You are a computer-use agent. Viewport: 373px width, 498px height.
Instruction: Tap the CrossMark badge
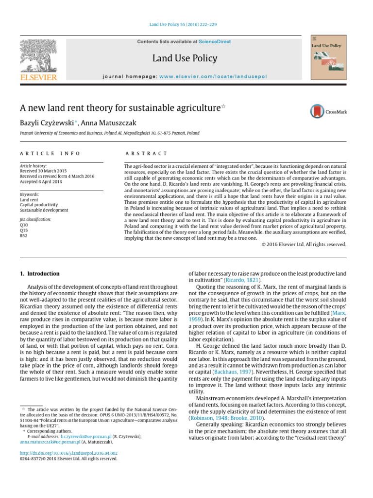point(328,111)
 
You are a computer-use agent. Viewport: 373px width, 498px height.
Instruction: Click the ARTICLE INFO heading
point(50,154)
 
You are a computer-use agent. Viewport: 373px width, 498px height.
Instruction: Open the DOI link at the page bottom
point(68,453)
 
